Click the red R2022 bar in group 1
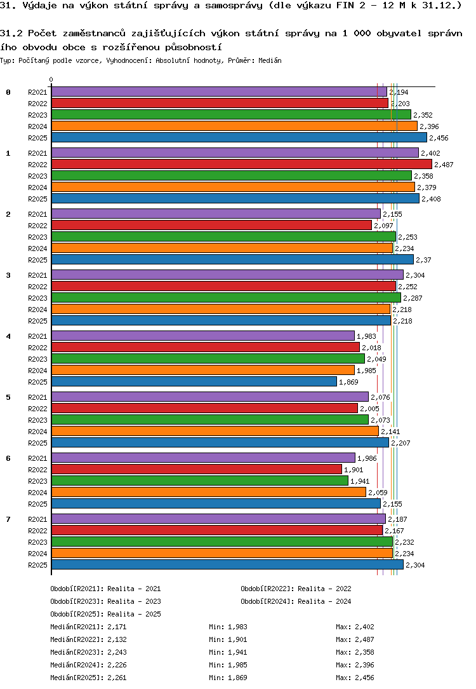point(242,165)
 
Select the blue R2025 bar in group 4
point(194,382)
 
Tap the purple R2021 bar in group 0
point(220,92)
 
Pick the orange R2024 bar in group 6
point(209,493)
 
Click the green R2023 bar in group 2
point(224,237)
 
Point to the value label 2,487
point(444,165)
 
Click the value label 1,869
point(349,382)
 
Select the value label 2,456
point(439,138)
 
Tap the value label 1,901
point(354,470)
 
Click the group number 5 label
point(8,397)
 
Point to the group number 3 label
point(8,275)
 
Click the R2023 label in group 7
point(37,542)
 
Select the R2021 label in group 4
point(37,336)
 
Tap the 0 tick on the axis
point(51,79)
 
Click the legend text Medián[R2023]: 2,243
point(88,652)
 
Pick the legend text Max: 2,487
point(355,639)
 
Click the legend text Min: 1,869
point(228,678)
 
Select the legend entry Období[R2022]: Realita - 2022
point(296,589)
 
